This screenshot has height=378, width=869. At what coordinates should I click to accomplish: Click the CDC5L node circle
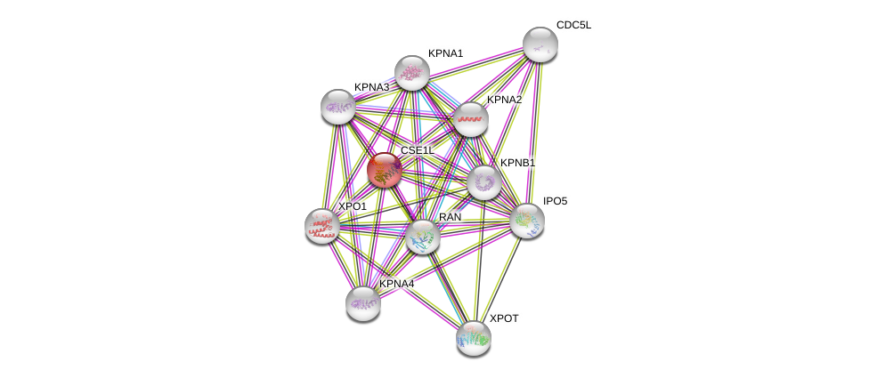click(x=540, y=44)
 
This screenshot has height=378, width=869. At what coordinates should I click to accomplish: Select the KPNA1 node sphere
click(x=412, y=73)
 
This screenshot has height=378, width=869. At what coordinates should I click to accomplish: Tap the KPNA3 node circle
click(x=338, y=107)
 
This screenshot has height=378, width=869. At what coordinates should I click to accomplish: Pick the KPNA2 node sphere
click(x=471, y=119)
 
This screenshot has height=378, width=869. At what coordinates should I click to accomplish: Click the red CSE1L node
click(x=385, y=170)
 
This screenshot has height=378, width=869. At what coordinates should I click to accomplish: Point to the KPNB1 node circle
click(x=484, y=182)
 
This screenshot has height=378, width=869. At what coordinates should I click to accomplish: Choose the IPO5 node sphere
click(x=526, y=221)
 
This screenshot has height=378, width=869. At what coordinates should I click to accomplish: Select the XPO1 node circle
click(x=321, y=226)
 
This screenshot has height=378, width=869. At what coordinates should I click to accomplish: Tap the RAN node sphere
click(x=423, y=237)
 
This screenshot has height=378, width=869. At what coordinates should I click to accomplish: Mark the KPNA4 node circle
click(x=363, y=303)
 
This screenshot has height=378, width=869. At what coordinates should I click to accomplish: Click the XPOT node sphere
click(x=474, y=337)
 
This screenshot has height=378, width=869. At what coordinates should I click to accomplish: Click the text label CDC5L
click(x=573, y=25)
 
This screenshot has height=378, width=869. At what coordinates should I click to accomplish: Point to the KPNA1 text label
click(x=445, y=53)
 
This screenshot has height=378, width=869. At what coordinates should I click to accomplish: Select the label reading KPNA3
click(x=371, y=87)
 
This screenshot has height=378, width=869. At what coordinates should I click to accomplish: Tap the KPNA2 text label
click(x=504, y=100)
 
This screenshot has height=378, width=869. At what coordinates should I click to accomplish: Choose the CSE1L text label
click(x=417, y=150)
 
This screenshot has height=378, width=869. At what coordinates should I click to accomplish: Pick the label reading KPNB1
click(x=517, y=163)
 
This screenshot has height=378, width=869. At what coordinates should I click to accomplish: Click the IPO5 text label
click(x=555, y=202)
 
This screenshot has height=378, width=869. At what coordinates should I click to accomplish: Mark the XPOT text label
click(x=504, y=318)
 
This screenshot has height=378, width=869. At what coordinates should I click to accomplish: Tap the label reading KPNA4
click(x=396, y=284)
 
